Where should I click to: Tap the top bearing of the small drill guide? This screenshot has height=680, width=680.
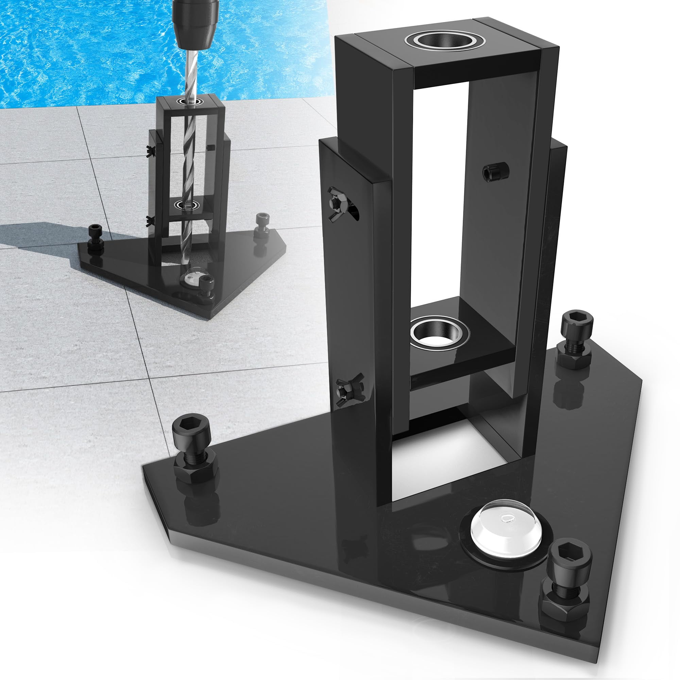coord(190,101)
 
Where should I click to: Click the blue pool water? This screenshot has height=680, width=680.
coord(88,46)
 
